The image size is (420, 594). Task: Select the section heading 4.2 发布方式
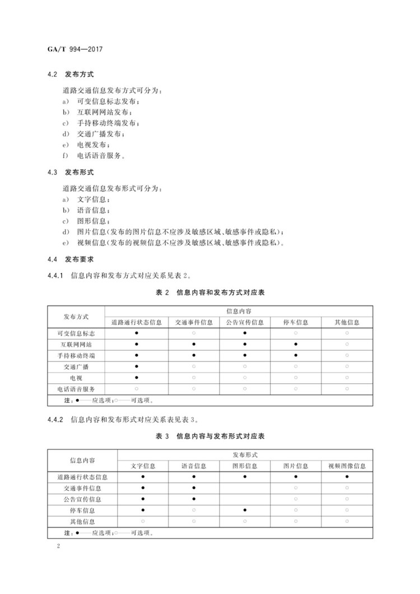[71, 74]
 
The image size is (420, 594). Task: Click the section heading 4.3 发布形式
[71, 172]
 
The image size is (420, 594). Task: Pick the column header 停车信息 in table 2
[295, 322]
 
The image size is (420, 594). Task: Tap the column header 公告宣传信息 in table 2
[245, 322]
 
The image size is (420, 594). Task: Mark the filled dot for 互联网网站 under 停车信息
[295, 344]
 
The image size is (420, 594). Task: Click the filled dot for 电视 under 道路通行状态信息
[137, 377]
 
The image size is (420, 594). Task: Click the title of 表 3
[209, 435]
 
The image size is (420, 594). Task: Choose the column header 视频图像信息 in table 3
[347, 466]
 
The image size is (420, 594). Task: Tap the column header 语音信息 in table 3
[194, 466]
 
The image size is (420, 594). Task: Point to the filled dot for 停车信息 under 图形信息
[245, 510]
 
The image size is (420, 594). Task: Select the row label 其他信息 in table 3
[82, 521]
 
